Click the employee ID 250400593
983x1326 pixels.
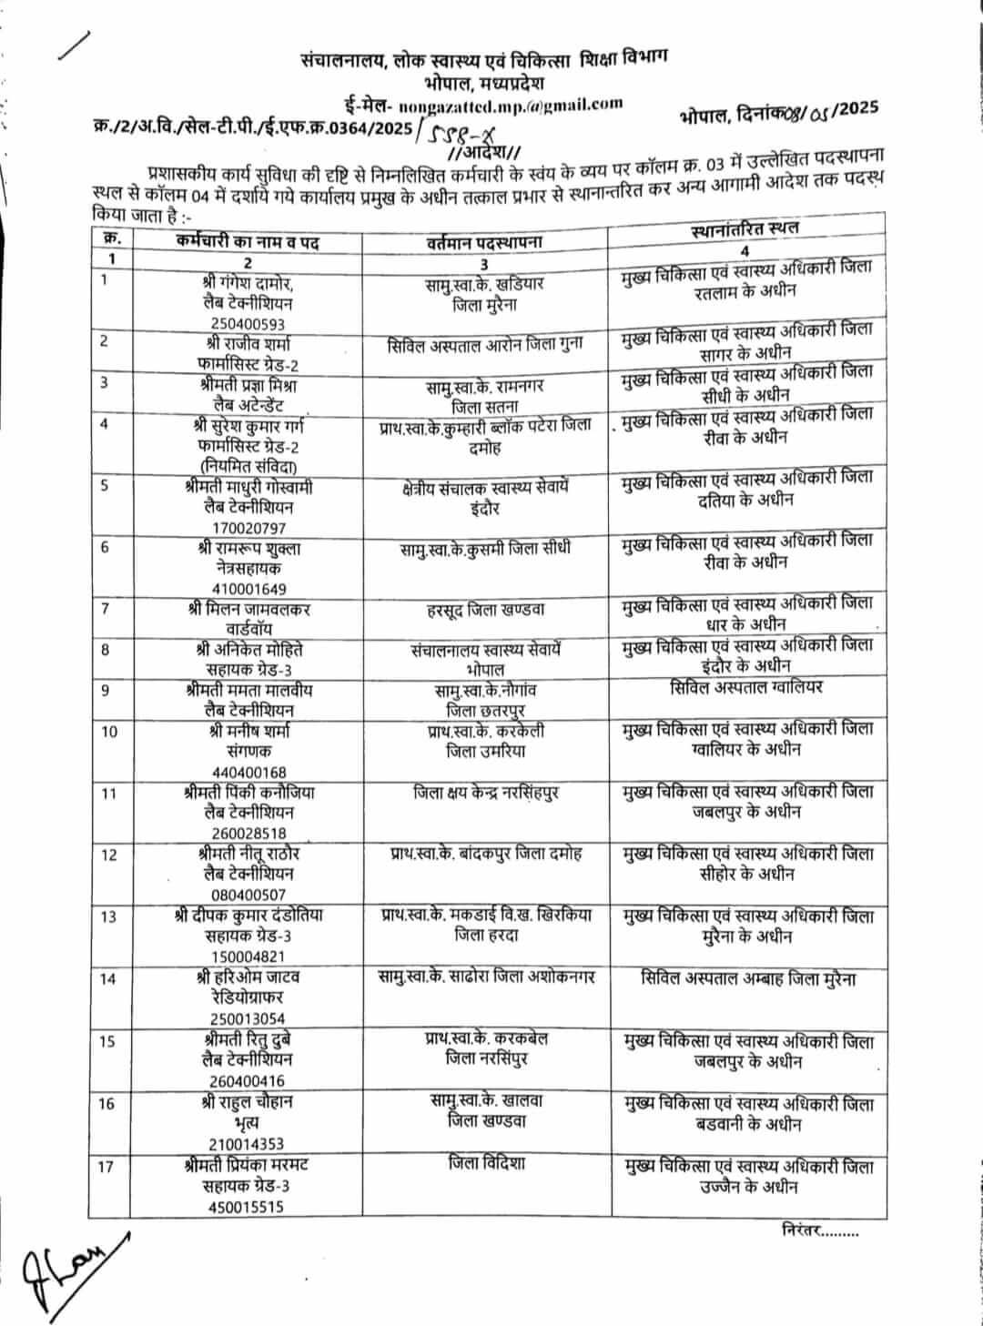(x=247, y=323)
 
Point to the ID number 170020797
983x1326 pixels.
(x=247, y=527)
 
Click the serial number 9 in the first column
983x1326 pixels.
(x=106, y=689)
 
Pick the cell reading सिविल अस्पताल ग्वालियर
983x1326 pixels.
(x=745, y=687)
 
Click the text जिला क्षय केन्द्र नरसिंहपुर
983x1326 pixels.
(x=485, y=793)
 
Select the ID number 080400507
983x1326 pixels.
(x=247, y=896)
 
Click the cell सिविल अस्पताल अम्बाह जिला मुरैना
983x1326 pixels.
(x=746, y=978)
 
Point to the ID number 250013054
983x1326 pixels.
(x=247, y=1019)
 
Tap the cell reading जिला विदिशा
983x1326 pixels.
(x=486, y=1163)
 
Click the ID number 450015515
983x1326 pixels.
(x=247, y=1207)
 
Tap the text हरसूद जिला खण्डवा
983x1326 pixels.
(x=485, y=607)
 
